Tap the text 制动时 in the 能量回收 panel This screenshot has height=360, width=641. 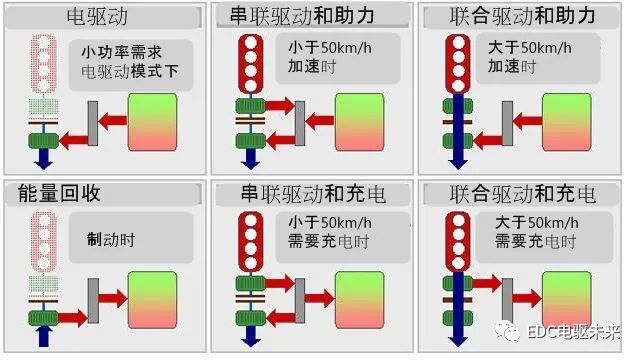[112, 240]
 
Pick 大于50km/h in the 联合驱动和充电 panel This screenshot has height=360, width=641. [531, 222]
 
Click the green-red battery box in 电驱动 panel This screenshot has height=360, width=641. [152, 122]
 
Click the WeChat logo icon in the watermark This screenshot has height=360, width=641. [512, 331]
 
